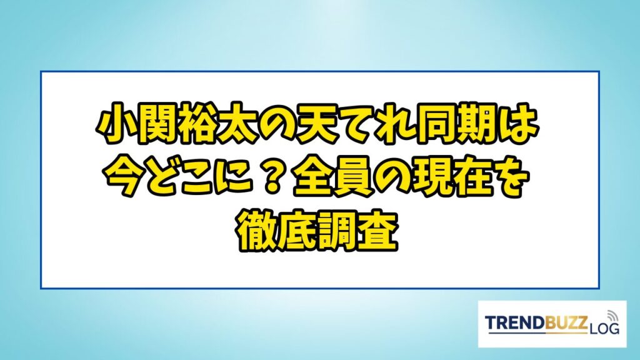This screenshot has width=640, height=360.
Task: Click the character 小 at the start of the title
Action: [x=116, y=124]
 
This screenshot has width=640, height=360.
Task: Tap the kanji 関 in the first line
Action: [x=157, y=124]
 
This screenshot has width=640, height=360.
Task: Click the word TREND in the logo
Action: [x=515, y=322]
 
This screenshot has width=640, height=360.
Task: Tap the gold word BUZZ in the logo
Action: [x=566, y=322]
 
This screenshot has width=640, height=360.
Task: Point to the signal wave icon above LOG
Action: [x=611, y=316]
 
